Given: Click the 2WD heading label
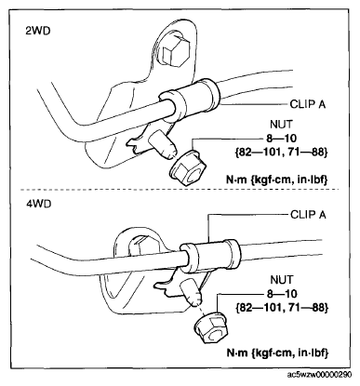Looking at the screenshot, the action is tap(38, 32).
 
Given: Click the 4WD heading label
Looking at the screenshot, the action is tap(38, 205).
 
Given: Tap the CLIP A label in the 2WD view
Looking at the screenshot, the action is tap(308, 104).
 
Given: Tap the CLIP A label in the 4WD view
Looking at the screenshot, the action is tap(308, 215).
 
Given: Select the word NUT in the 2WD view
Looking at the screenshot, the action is tap(281, 125).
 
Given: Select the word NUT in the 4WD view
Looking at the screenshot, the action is tap(281, 280).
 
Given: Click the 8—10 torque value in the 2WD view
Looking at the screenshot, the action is tap(281, 138).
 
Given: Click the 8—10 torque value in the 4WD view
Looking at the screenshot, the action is tap(282, 294).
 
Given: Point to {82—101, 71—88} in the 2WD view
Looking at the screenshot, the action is tap(280, 152).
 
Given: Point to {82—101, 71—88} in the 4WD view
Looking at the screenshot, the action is tap(282, 308).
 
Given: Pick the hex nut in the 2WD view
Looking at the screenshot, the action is tap(185, 168).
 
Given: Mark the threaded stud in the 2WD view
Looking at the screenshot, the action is tap(162, 145).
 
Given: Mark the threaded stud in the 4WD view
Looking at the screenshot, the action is tap(191, 292).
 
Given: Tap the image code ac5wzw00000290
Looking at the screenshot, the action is tap(319, 375).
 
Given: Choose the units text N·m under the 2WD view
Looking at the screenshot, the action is tap(236, 180).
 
